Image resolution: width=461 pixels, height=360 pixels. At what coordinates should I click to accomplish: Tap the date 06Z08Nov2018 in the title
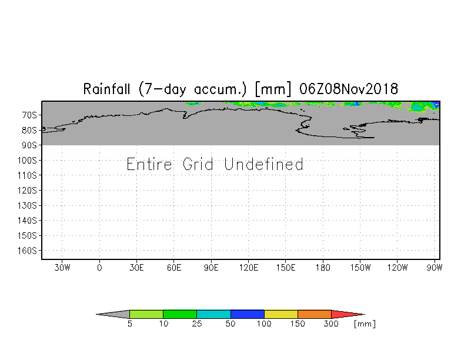click(x=349, y=89)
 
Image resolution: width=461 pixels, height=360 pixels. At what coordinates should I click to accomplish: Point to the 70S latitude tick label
click(x=29, y=115)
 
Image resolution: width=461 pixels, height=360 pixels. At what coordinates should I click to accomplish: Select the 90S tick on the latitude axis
click(x=29, y=145)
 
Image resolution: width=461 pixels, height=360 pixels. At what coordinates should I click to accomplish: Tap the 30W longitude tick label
click(x=62, y=268)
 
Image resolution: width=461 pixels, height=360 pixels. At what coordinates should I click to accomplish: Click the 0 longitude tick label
click(x=99, y=268)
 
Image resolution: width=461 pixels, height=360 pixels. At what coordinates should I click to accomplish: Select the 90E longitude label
click(x=211, y=268)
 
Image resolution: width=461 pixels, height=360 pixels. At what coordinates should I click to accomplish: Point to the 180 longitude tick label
click(x=323, y=268)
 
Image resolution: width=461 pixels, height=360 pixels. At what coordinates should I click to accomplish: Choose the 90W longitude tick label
click(x=434, y=268)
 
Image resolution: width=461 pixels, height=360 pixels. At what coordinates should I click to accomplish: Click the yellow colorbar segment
click(x=281, y=314)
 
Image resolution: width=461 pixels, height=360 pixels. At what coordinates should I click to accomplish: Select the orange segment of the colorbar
click(x=315, y=314)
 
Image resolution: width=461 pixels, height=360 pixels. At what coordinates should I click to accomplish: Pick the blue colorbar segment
click(x=248, y=314)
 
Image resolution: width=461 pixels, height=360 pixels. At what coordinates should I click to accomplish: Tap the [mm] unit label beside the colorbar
click(x=365, y=324)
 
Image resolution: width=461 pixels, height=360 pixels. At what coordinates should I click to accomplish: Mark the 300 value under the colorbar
click(x=332, y=324)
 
